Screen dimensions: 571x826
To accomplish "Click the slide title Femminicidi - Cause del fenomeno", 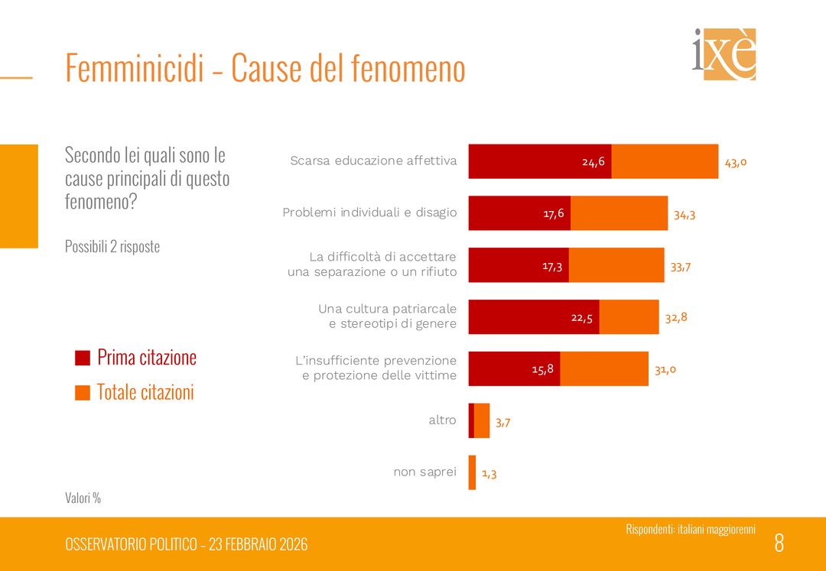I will click(265, 68).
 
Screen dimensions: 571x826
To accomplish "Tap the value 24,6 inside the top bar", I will click(593, 162).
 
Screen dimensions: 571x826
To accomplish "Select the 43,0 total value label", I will click(736, 162).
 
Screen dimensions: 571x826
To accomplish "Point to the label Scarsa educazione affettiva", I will click(373, 161).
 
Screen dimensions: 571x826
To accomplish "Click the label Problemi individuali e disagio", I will click(369, 213).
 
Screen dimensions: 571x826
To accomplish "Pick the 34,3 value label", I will click(685, 215).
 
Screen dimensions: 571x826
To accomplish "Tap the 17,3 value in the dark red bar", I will click(552, 266).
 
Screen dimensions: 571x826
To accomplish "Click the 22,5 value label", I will click(582, 318).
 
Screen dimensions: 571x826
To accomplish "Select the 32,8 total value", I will click(676, 317).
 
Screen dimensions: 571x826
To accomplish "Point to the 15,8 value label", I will click(543, 370).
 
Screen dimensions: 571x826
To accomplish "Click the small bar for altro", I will click(479, 420).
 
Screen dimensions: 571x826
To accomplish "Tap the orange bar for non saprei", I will click(472, 472).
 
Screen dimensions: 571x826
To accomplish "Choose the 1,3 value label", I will click(489, 474).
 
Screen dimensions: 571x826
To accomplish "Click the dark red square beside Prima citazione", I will click(83, 358).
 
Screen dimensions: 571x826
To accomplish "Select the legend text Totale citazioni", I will click(145, 392).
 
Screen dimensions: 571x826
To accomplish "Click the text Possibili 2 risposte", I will click(112, 247).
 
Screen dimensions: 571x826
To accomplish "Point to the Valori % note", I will click(83, 498).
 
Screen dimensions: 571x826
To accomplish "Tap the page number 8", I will click(779, 543).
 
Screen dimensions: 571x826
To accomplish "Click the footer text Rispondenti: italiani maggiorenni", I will click(691, 529).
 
